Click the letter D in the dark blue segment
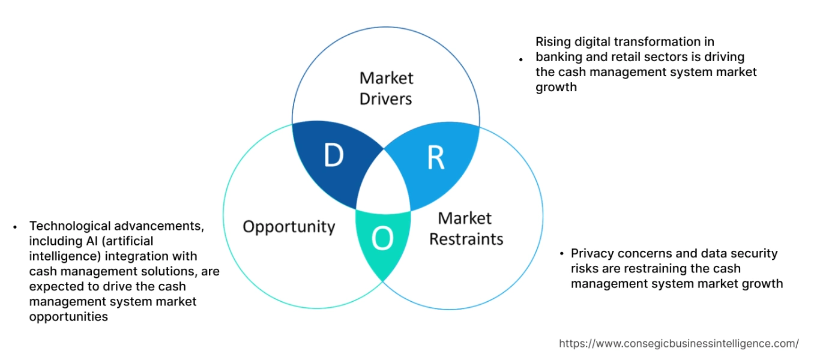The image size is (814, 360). click(333, 156)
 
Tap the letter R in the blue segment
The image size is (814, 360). click(435, 157)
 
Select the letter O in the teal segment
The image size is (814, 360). click(382, 239)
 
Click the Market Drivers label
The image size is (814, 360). click(386, 88)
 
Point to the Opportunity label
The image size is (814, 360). click(289, 226)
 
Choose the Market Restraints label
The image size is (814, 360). click(466, 229)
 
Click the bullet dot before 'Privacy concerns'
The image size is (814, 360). click(561, 254)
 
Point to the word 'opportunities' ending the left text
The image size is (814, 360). click(68, 316)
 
